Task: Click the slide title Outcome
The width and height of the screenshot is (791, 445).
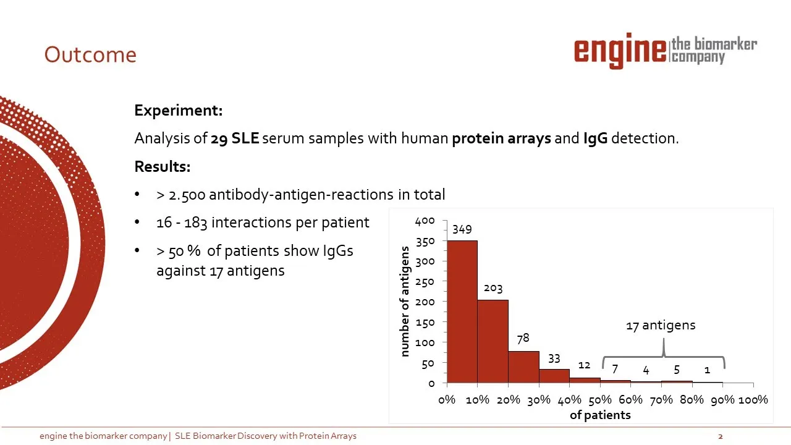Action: pos(90,55)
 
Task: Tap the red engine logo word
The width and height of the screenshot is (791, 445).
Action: pos(620,51)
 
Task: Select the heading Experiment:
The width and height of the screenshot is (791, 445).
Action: pos(179,110)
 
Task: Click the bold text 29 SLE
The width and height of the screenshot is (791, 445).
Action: pos(235,138)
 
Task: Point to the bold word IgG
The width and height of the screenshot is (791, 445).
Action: pos(595,138)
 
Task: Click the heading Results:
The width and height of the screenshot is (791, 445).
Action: pos(163,166)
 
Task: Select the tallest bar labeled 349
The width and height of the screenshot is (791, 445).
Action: pos(462,311)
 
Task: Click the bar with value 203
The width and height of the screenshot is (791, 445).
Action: pos(493,341)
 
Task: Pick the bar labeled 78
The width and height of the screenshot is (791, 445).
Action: pos(523,367)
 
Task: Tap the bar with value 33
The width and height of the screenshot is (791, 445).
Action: pos(554,376)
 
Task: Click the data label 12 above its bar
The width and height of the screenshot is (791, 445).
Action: pos(584,365)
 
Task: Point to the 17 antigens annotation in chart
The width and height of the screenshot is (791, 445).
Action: pos(661,325)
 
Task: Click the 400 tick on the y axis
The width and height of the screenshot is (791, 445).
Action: pos(425,221)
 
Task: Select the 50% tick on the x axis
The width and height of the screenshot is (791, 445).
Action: pos(600,400)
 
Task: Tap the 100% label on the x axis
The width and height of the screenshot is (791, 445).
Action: pos(753,400)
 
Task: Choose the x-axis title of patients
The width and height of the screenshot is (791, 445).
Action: pos(600,415)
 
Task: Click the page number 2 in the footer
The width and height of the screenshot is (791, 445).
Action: pos(721,436)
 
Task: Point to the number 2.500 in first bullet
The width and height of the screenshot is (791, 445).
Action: pos(187,195)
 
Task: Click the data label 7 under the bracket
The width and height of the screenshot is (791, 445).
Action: pos(615,369)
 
